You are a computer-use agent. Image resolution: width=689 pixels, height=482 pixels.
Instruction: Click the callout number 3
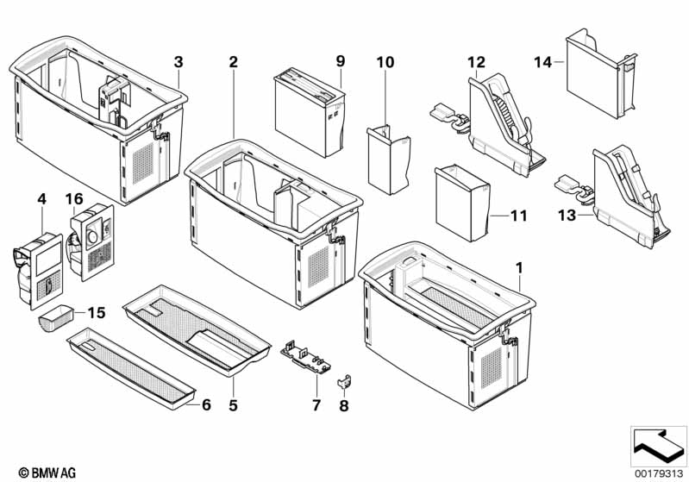(x=179, y=62)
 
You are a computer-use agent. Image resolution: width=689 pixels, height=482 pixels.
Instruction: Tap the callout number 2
(x=232, y=62)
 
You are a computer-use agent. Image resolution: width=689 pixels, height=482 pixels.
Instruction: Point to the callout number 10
(x=385, y=62)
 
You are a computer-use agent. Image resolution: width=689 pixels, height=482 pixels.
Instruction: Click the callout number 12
(x=477, y=62)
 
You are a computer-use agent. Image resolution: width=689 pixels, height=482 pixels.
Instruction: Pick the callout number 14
(x=542, y=62)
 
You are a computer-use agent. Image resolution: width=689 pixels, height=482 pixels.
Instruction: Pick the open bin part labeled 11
(x=464, y=203)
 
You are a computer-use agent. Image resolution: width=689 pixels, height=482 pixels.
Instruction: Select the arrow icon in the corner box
(x=657, y=444)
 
